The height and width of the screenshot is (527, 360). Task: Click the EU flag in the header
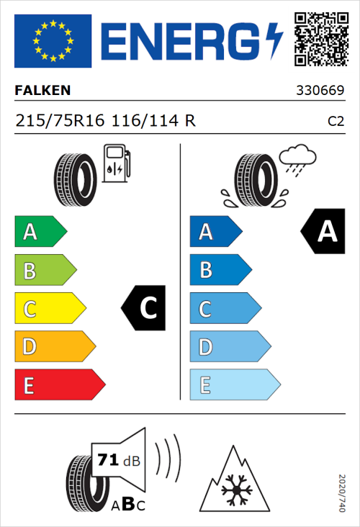53,41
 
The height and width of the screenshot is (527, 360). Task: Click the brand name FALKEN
43,91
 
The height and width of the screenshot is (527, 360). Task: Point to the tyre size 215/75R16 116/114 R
105,120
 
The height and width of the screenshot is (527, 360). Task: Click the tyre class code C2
335,121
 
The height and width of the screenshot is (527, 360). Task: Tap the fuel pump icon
116,163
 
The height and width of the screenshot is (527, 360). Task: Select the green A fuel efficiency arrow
40,232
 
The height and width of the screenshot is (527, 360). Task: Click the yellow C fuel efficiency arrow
49,309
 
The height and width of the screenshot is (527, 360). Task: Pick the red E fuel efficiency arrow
59,385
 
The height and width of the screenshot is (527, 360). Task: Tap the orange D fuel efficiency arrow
54,347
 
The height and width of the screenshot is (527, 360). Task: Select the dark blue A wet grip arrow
215,232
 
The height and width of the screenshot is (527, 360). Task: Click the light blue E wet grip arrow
234,385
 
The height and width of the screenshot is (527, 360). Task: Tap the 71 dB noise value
116,459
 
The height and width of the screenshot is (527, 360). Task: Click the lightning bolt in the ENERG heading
274,40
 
